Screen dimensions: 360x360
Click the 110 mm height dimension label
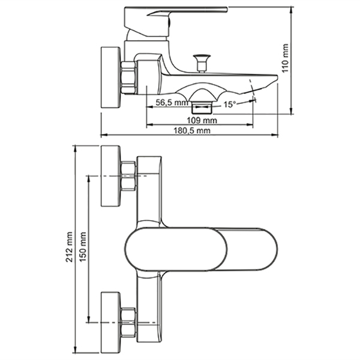285,58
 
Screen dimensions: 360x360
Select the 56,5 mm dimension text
172,103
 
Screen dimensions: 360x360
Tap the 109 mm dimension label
202,120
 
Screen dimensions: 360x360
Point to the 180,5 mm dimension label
192,130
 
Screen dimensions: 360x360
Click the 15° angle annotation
230,104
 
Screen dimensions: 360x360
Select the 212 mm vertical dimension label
69,247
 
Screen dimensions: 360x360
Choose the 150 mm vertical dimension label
83,247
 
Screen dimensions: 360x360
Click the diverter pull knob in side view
202,63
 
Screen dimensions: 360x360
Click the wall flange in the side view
110,77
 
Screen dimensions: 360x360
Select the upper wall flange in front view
110,176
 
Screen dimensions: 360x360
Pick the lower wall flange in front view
110,323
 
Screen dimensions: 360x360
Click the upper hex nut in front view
128,176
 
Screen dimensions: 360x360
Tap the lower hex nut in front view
128,322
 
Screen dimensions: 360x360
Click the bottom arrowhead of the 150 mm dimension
89,319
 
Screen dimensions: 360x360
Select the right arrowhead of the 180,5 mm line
275,135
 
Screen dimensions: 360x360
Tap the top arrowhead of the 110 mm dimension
292,10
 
